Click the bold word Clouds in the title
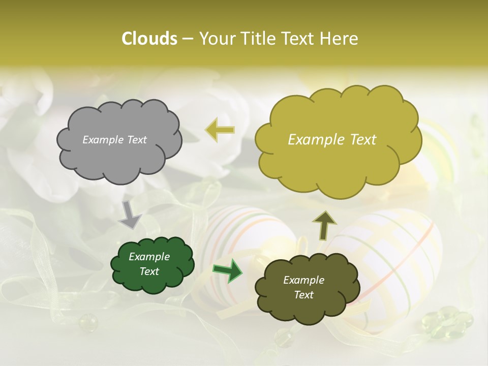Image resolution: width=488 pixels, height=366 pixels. click(x=149, y=39)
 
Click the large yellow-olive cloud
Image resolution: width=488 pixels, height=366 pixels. click(x=338, y=140)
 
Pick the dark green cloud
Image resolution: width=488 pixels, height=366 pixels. click(x=152, y=264)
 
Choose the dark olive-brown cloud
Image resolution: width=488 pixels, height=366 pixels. click(x=307, y=288)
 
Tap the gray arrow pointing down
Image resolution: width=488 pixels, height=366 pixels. click(x=130, y=214)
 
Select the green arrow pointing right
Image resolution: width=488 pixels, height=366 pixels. click(x=227, y=270)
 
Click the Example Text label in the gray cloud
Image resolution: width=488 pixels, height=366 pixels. click(x=114, y=140)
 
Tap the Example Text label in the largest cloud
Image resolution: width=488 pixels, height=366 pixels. click(x=332, y=140)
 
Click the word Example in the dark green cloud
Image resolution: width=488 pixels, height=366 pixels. click(x=149, y=257)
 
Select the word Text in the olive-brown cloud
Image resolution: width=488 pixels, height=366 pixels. click(x=303, y=295)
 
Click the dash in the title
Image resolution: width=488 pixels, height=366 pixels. click(x=188, y=39)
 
